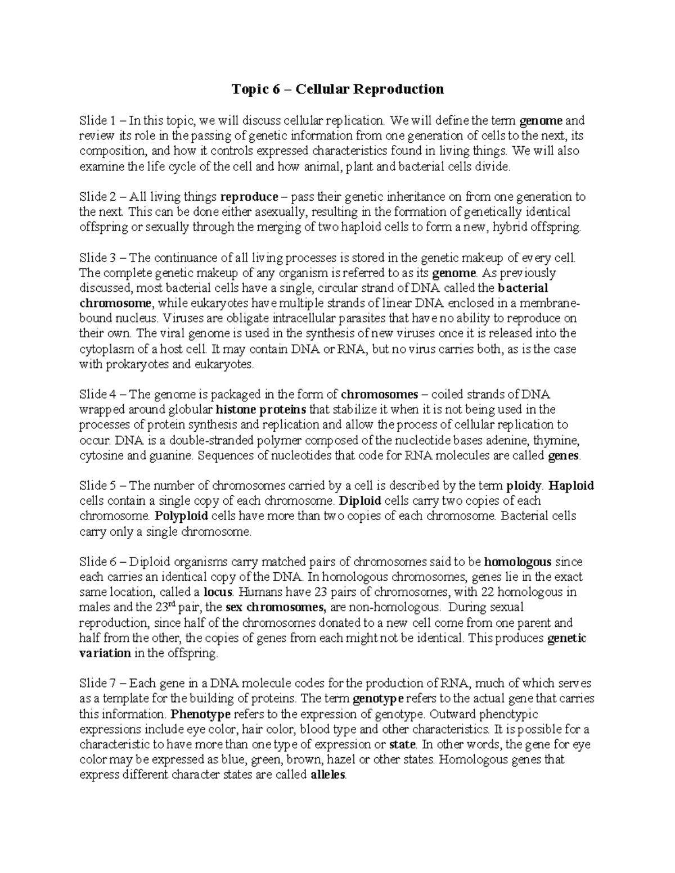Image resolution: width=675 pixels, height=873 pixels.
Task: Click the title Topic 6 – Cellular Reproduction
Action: point(338,89)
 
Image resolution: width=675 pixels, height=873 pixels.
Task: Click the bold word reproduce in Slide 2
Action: point(249,197)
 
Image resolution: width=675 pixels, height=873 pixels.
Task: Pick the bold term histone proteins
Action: point(261,409)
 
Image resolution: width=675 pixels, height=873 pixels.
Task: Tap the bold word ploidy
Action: point(524,486)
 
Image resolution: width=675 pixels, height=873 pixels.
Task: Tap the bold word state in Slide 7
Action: point(403,744)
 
